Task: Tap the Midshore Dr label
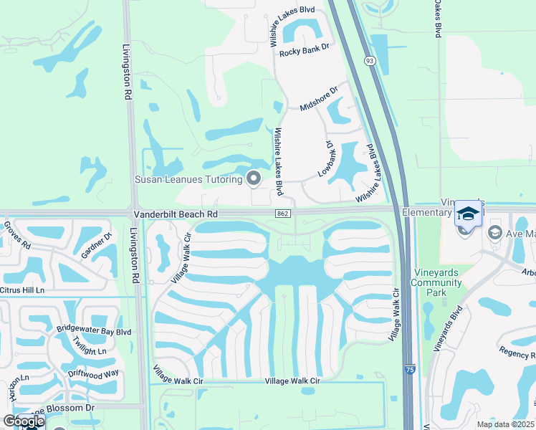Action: (x=318, y=99)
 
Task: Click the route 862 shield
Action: (x=282, y=214)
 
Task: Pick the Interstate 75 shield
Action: (x=408, y=369)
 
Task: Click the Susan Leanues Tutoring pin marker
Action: (x=253, y=178)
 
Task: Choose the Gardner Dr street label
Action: (x=97, y=246)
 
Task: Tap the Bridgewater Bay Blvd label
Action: (x=93, y=332)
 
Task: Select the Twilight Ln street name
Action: (x=92, y=350)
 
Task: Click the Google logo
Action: (x=23, y=421)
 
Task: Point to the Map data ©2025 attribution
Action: (x=505, y=424)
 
